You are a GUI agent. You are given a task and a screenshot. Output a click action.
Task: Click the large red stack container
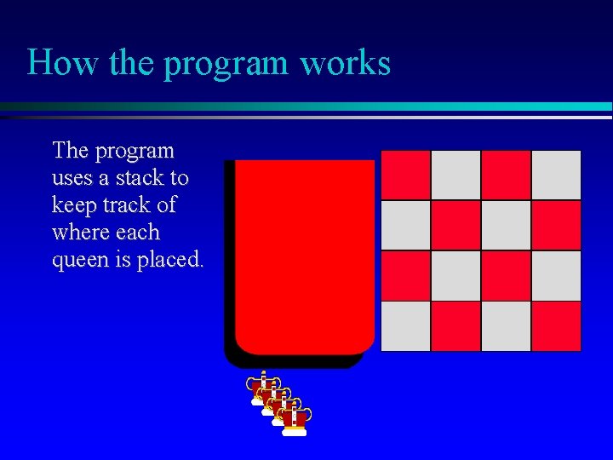(304, 256)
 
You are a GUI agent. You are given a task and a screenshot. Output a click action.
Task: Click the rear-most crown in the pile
(264, 388)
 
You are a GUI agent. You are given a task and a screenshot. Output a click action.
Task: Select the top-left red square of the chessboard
(405, 175)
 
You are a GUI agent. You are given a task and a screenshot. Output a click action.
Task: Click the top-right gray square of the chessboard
(556, 175)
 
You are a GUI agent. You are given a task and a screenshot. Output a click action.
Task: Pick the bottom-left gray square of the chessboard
(405, 326)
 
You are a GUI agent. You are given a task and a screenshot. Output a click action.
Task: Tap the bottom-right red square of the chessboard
(556, 326)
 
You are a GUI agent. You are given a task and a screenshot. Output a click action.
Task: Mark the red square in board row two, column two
(455, 225)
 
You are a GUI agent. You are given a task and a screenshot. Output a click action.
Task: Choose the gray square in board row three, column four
(556, 275)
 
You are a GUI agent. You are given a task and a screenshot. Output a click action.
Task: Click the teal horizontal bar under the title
(341, 106)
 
